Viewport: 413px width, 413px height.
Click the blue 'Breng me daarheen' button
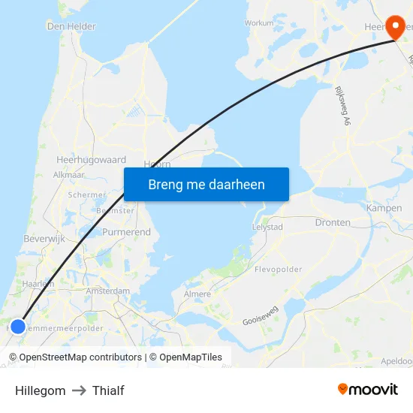pyautogui.click(x=206, y=184)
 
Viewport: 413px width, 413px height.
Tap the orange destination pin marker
pyautogui.click(x=396, y=29)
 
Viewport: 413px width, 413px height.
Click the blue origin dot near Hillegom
pyautogui.click(x=18, y=327)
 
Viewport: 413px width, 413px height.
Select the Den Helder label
pyautogui.click(x=71, y=26)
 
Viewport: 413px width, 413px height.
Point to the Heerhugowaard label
pyautogui.click(x=92, y=160)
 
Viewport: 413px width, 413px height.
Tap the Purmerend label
pyautogui.click(x=126, y=233)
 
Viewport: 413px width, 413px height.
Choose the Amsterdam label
pyautogui.click(x=108, y=291)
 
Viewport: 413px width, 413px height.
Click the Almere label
pyautogui.click(x=197, y=294)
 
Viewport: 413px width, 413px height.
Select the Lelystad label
pyautogui.click(x=267, y=226)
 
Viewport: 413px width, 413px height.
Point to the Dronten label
pyautogui.click(x=333, y=223)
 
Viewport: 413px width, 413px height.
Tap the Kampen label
pyautogui.click(x=384, y=208)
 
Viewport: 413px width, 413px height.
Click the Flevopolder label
pyautogui.click(x=279, y=269)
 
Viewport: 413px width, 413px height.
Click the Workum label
pyautogui.click(x=259, y=23)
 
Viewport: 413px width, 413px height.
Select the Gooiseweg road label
pyautogui.click(x=261, y=319)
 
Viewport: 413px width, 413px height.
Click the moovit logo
pyautogui.click(x=368, y=390)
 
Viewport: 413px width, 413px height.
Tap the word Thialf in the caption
pyautogui.click(x=108, y=390)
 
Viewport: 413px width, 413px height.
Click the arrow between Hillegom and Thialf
pyautogui.click(x=79, y=390)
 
